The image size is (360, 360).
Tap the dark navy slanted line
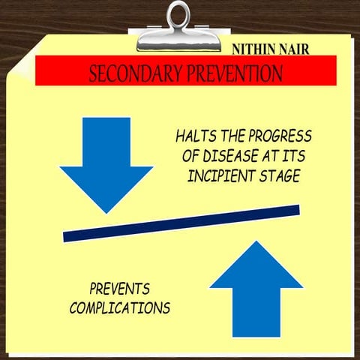pyautogui.click(x=181, y=223)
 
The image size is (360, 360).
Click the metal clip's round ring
pyautogui.click(x=179, y=14)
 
